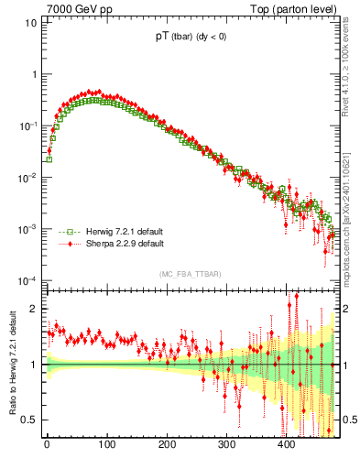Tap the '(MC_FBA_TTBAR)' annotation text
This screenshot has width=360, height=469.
[190, 274]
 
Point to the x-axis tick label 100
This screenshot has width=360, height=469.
[106, 444]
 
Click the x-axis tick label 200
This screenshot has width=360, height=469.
[167, 444]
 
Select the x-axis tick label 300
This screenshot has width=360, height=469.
[226, 444]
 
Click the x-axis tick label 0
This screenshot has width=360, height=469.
[47, 444]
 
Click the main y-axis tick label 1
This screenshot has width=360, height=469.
[34, 74]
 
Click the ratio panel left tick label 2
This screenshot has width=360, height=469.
[35, 309]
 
